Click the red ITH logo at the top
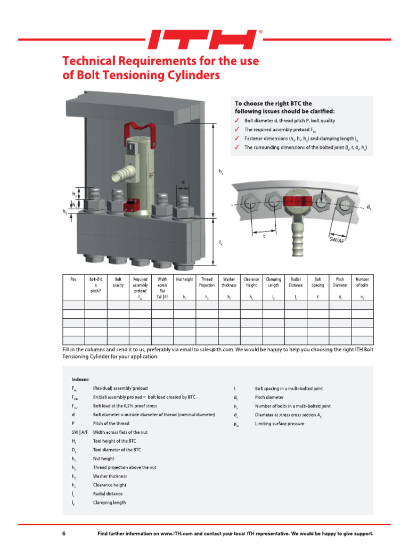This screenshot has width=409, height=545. [204, 39]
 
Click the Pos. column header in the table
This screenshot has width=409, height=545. [73, 279]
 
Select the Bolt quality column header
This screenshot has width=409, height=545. [118, 282]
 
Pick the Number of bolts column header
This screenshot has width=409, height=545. [362, 282]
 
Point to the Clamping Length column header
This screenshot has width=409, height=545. [273, 282]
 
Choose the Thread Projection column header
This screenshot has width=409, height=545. [207, 282]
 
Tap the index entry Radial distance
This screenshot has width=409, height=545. [108, 493]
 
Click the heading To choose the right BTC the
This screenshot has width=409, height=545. [273, 103]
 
